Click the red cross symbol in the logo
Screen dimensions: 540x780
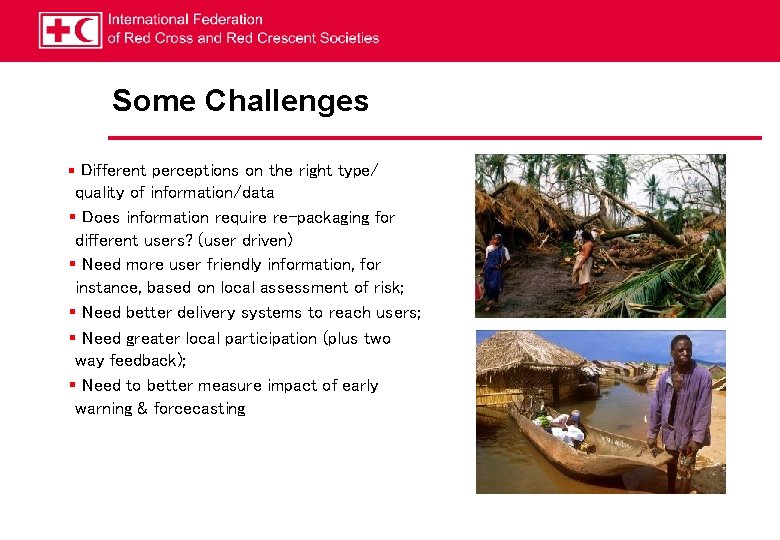pyautogui.click(x=56, y=30)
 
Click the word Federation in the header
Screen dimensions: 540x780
pyautogui.click(x=226, y=19)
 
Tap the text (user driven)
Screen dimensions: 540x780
pyautogui.click(x=245, y=241)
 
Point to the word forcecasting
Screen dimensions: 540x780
pyautogui.click(x=199, y=409)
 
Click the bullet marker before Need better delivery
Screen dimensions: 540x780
pyautogui.click(x=73, y=313)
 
